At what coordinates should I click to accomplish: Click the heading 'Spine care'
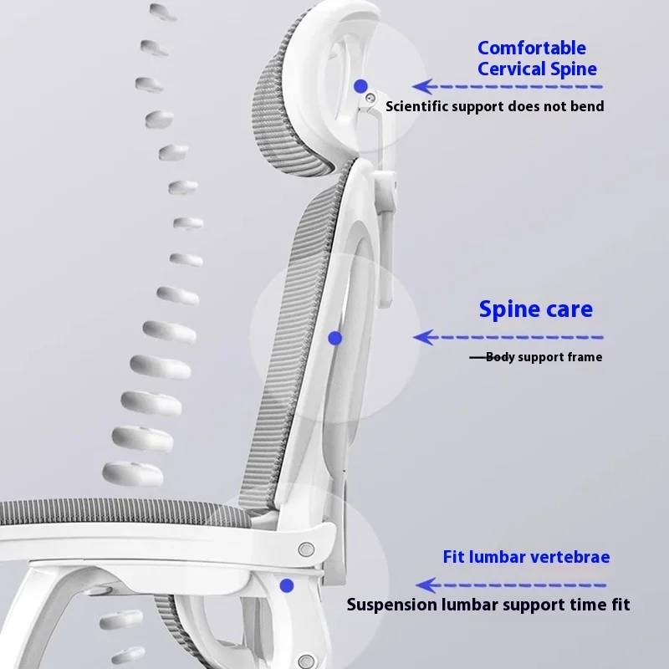tap(535, 309)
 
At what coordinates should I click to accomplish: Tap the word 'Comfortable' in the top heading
tap(532, 49)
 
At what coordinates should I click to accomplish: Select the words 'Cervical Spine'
tap(537, 69)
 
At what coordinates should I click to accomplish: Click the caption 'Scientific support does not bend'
tap(494, 106)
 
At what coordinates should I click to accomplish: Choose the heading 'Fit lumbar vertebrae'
tap(526, 557)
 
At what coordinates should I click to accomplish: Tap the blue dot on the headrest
tap(360, 85)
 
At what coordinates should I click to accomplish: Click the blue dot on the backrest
tap(334, 338)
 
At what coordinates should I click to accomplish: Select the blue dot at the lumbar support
tap(287, 585)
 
